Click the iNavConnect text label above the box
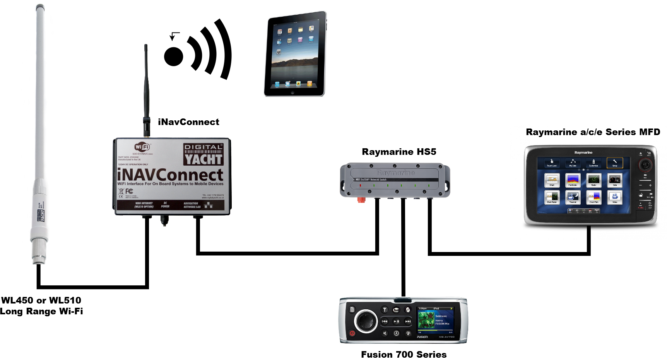coord(188,122)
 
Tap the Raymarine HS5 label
coord(399,152)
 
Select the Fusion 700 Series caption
coord(404,355)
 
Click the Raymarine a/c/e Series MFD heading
coord(593,132)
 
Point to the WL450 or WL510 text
coord(41,300)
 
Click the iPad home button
coord(292,93)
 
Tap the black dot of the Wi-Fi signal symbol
coord(173,57)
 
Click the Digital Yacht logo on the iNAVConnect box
coord(203,154)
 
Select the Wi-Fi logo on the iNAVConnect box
coord(142,147)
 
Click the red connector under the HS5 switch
coord(361,200)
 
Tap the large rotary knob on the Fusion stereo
coord(366,321)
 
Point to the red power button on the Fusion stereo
coord(352,333)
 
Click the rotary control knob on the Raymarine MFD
coord(645,165)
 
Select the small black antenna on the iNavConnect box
coord(146,89)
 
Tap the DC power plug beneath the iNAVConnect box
coord(164,220)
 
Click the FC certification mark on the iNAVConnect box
coord(129,191)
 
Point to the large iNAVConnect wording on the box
coord(170,175)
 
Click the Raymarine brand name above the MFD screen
coord(583,153)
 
